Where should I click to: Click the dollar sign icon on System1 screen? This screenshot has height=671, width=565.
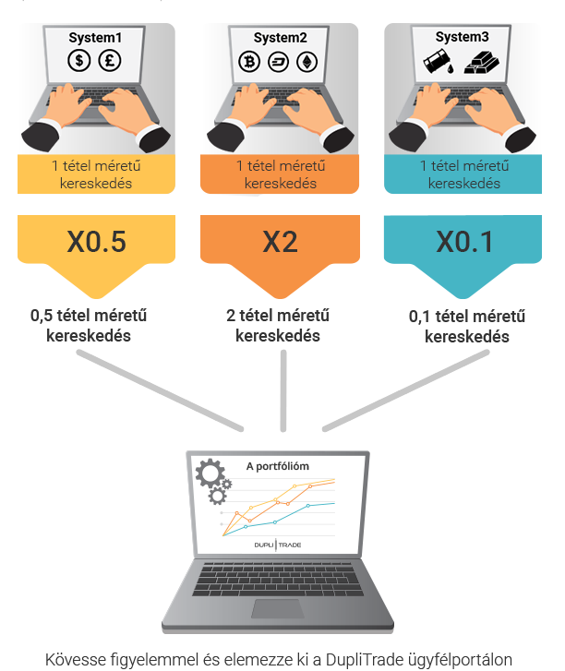coord(79,60)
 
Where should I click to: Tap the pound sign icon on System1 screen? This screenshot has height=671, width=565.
coord(110,60)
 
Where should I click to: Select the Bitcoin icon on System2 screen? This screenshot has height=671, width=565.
coord(249,62)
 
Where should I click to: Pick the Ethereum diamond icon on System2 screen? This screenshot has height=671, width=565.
coord(307,62)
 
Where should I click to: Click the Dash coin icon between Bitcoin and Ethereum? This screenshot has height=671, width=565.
coord(278,62)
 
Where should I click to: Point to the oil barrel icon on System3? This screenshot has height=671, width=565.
coord(438,63)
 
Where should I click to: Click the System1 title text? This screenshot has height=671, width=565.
coord(95,38)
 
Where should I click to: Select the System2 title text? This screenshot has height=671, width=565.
coord(281,38)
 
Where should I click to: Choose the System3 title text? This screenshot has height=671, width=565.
coord(463,37)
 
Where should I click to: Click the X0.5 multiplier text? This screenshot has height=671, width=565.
coord(97,241)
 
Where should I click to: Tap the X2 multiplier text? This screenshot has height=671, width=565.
coord(280,242)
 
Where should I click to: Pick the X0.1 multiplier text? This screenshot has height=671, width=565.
coord(465,242)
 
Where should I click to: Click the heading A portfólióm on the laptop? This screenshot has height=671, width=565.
coord(277,466)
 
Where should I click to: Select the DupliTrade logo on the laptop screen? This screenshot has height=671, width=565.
coord(278,545)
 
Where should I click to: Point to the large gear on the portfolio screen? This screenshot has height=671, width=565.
coord(210,473)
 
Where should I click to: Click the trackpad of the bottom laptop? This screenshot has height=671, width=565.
coord(278,608)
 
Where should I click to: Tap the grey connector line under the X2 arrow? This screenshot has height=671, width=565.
coord(283,390)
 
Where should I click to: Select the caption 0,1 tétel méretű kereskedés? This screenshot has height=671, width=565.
coord(467,327)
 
